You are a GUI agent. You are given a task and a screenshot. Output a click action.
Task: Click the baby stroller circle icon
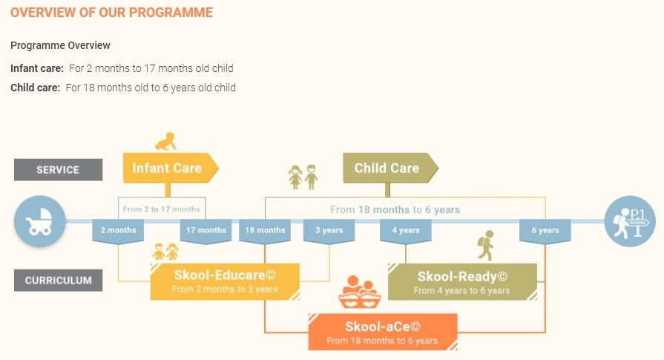coord(40,221)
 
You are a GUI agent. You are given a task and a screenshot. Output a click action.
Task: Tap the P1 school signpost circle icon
coord(630,221)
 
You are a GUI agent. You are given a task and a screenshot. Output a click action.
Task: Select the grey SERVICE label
coord(58,170)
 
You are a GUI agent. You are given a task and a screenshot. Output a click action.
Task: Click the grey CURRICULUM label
coord(58,281)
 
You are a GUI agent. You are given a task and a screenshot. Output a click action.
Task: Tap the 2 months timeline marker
coord(118,232)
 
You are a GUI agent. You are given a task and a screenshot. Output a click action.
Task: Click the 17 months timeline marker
coord(206,232)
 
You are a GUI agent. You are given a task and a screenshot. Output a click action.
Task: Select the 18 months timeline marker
coord(265,232)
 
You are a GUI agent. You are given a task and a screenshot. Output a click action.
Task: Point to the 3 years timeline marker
coord(329,232)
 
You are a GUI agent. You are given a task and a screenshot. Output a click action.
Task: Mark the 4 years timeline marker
coord(406,232)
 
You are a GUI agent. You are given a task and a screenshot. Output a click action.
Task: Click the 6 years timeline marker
coord(545,232)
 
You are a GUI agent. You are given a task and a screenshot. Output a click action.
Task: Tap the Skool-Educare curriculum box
coord(225,281)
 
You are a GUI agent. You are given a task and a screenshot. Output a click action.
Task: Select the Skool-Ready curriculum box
coord(462,281)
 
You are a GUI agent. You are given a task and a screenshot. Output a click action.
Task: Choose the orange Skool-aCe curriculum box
coord(383,332)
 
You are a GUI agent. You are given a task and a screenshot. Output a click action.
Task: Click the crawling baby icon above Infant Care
coord(165,142)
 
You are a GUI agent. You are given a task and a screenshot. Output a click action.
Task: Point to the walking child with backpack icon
coord(486,245)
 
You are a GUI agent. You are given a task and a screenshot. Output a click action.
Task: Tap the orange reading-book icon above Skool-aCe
coord(360,292)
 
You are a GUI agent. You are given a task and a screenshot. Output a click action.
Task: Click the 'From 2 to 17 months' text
coord(161,209)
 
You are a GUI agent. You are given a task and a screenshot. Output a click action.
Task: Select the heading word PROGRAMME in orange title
coord(171,13)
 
